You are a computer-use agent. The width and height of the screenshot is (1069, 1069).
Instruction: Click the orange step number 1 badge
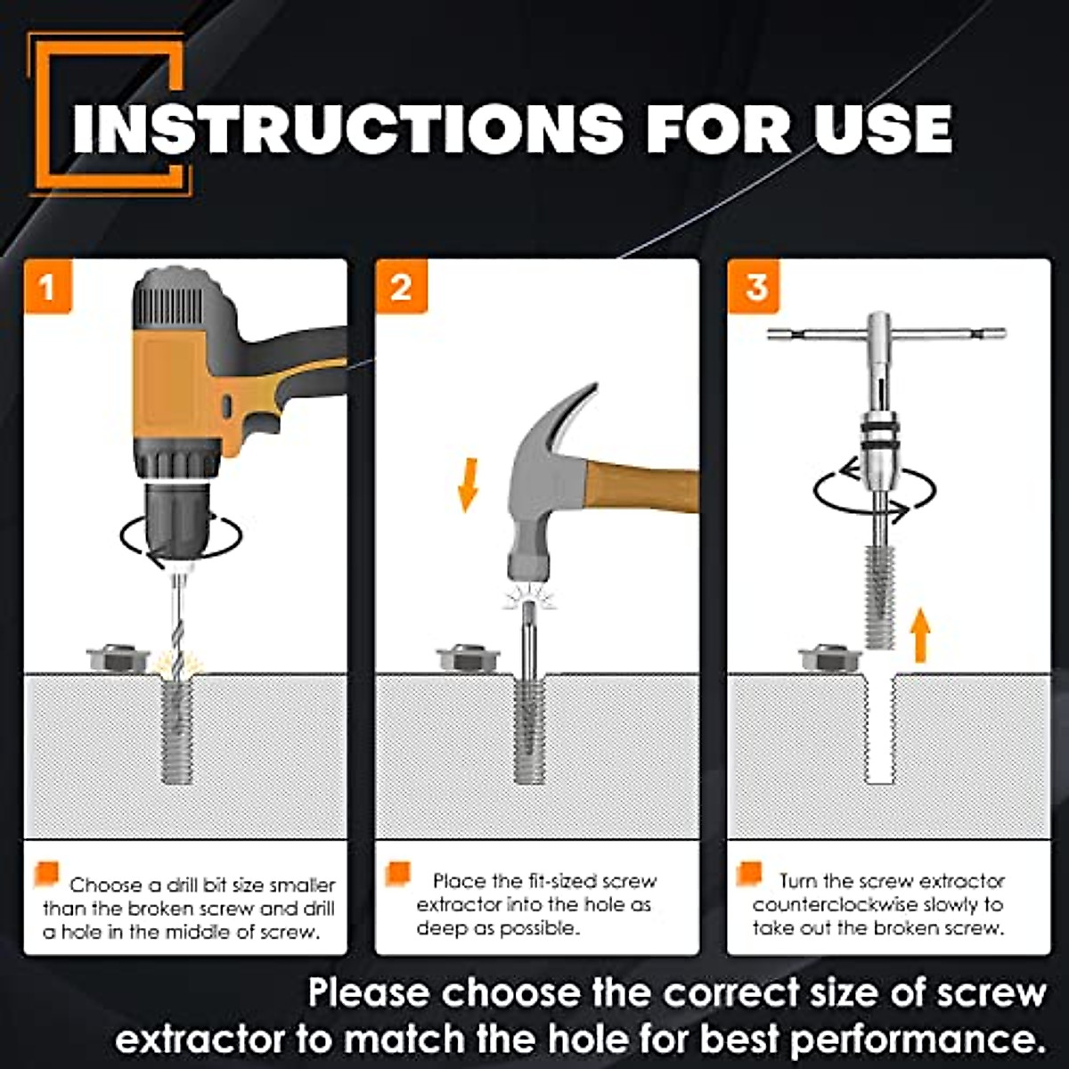point(48,287)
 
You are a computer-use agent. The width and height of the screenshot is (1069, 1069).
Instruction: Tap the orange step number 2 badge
point(402,287)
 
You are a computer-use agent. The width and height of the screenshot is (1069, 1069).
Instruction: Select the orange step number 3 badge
point(755,287)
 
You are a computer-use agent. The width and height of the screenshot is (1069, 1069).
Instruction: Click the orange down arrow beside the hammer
point(467,485)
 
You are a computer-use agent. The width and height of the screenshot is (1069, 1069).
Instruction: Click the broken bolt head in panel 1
point(118,658)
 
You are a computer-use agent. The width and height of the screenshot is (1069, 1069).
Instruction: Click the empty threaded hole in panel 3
point(880,727)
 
